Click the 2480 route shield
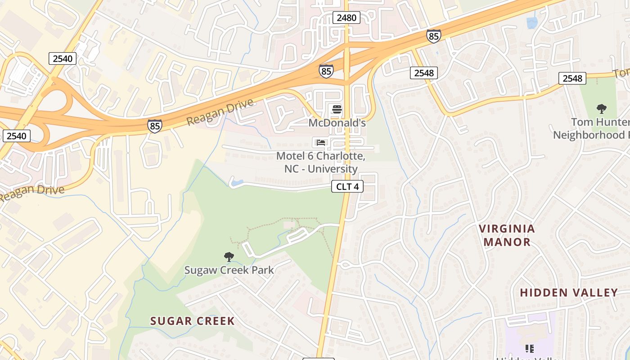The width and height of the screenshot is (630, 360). tap(346, 18)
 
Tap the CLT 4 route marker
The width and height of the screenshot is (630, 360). tap(347, 186)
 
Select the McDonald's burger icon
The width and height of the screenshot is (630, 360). tap(337, 109)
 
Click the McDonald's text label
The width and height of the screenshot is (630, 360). tap(337, 122)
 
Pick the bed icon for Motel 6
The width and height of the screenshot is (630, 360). tap(320, 143)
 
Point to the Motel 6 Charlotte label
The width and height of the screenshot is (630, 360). tap(320, 162)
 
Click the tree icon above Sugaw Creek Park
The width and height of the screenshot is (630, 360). tap(229, 257)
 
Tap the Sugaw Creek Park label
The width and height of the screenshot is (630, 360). tap(229, 270)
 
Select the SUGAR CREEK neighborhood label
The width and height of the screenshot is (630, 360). tap(192, 321)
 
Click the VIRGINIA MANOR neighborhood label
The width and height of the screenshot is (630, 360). tap(507, 235)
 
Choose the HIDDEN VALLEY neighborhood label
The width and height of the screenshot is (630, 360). tap(569, 292)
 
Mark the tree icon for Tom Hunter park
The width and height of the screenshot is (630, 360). tap(601, 108)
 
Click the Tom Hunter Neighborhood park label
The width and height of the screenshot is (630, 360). tap(591, 129)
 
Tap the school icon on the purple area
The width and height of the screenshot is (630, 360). tap(530, 348)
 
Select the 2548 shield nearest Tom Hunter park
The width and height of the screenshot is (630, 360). tap(572, 78)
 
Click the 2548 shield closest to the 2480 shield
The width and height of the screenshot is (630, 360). tap(423, 73)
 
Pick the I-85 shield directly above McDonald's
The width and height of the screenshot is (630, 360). tap(326, 71)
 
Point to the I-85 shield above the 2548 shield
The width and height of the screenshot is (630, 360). tap(433, 36)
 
